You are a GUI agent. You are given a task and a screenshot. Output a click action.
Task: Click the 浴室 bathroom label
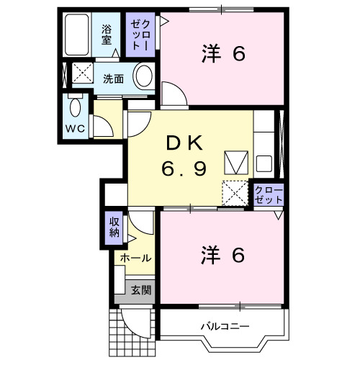(x=107, y=35)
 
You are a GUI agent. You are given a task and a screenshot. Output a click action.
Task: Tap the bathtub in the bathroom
(x=76, y=35)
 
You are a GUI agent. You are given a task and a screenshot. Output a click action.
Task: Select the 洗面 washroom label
(x=113, y=79)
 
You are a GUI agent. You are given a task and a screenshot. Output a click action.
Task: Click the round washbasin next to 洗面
(x=144, y=76)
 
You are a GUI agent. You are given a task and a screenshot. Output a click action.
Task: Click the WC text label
(x=75, y=129)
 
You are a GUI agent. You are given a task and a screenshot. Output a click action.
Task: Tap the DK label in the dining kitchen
(x=184, y=143)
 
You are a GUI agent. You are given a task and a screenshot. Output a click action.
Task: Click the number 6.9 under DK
(x=184, y=168)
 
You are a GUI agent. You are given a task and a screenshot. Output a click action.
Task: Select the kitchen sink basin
(x=264, y=163)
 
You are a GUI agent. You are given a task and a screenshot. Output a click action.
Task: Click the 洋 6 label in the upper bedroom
(x=223, y=54)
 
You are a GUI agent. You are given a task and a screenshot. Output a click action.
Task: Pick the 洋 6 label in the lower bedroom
(x=223, y=255)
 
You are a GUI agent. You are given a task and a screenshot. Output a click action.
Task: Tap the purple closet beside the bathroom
(x=140, y=35)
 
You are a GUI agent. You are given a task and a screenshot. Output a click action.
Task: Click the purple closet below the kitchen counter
(x=269, y=195)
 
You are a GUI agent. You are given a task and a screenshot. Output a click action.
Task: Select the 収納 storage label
(x=114, y=227)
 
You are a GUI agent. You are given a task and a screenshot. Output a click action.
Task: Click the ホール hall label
(x=135, y=258)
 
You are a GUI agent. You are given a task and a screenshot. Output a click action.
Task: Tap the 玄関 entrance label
(x=141, y=290)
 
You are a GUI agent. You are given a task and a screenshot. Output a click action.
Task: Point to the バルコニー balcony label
(x=225, y=326)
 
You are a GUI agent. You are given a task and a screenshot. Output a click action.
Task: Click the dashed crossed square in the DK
(x=235, y=193)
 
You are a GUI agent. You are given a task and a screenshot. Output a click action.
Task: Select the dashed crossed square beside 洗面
(x=83, y=73)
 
